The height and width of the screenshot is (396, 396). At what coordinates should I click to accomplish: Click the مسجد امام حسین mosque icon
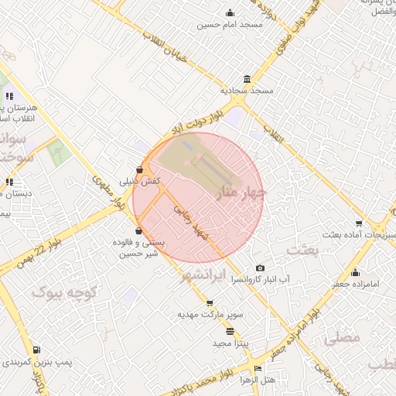(230, 12)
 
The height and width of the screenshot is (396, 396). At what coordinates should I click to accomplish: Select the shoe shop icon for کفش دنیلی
(139, 169)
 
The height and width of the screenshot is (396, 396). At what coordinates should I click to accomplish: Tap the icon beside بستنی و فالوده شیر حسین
(138, 230)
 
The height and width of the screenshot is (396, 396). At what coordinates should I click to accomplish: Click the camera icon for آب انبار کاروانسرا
(259, 268)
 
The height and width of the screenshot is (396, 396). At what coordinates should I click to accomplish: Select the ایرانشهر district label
(213, 275)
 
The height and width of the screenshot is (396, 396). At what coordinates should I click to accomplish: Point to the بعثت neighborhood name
(302, 250)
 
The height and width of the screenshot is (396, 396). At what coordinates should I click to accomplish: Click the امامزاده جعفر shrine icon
(355, 272)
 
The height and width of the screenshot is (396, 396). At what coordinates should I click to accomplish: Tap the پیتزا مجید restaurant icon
(230, 331)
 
